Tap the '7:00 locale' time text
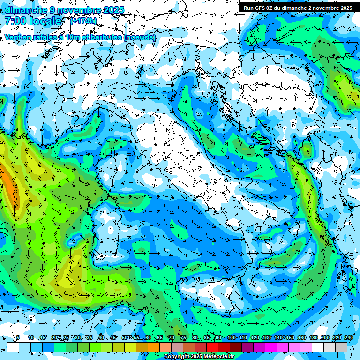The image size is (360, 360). tap(33, 21)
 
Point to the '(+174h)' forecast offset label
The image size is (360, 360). tap(83, 21)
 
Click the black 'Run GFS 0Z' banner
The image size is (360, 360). tap(298, 8)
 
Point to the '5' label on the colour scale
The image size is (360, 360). tap(18, 337)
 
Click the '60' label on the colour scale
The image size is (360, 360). tap(148, 337)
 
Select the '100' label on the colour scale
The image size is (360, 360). tap(231, 337)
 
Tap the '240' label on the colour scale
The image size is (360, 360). tap(349, 337)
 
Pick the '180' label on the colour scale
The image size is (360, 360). tap(313, 337)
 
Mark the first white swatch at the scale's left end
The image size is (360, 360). tap(13, 347)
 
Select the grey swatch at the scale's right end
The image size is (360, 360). tap(341, 347)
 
